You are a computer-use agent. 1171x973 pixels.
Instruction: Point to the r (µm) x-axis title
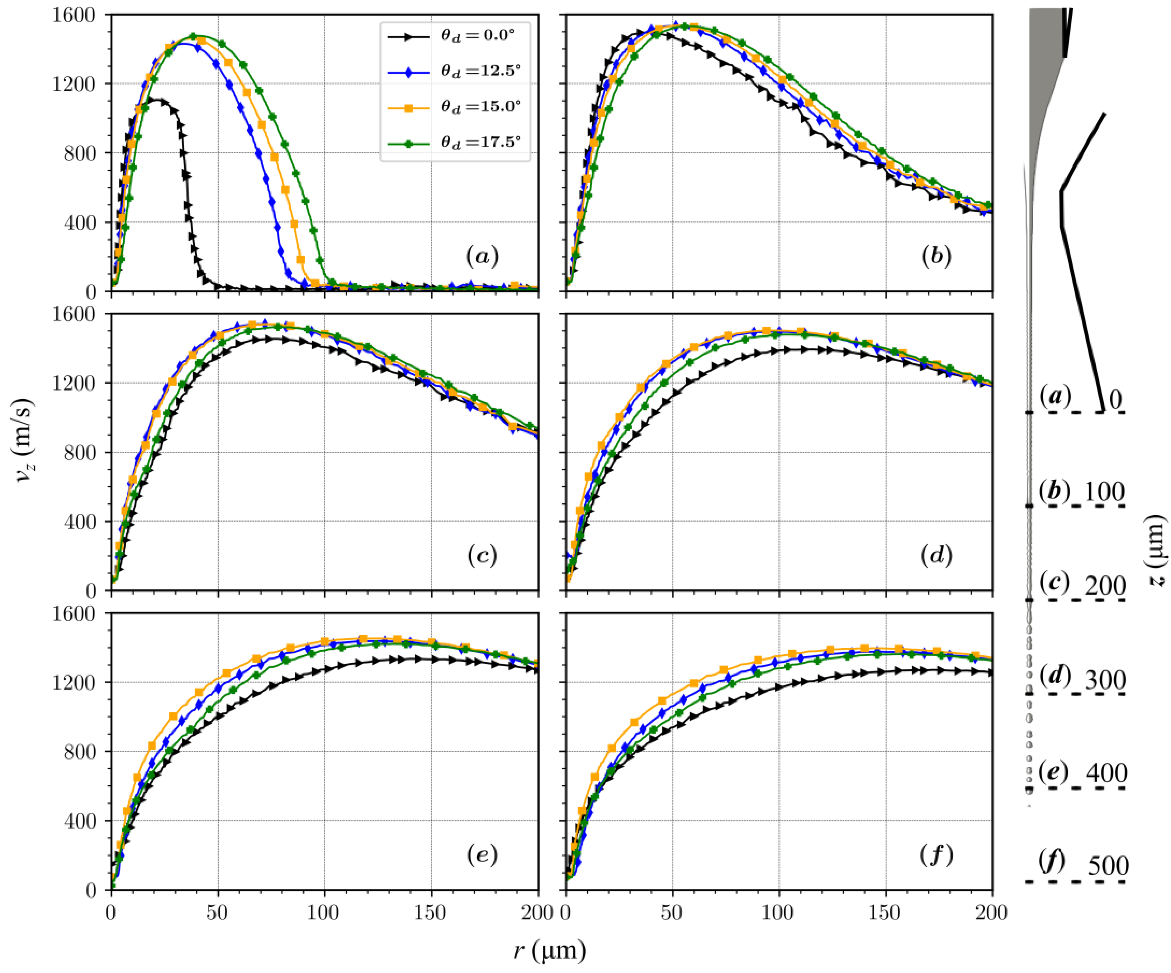pyautogui.click(x=549, y=951)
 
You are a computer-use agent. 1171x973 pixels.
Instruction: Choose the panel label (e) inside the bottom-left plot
pyautogui.click(x=482, y=854)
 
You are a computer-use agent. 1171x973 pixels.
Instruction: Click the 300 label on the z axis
pyautogui.click(x=1105, y=680)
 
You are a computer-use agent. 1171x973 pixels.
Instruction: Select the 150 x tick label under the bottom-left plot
pyautogui.click(x=431, y=912)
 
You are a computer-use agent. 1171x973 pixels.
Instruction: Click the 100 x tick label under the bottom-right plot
pyautogui.click(x=778, y=912)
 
